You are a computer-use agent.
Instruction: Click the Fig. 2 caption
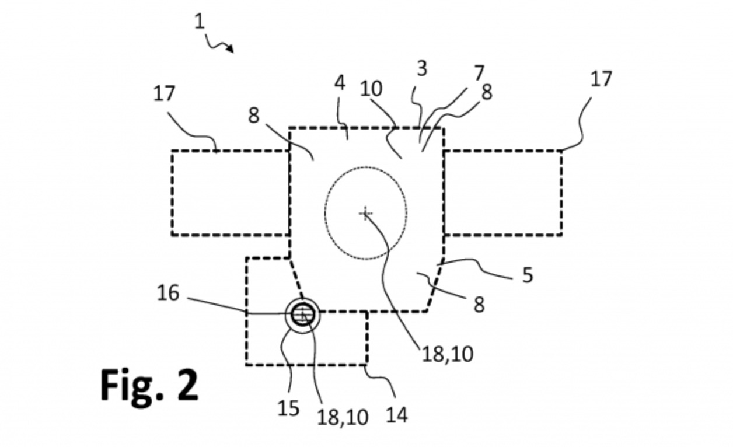pyautogui.click(x=149, y=385)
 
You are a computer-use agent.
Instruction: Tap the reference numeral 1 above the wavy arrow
pyautogui.click(x=200, y=22)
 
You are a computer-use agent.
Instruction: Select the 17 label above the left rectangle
pyautogui.click(x=164, y=93)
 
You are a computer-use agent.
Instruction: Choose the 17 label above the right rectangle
pyautogui.click(x=601, y=79)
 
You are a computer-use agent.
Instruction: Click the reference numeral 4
pyautogui.click(x=340, y=82)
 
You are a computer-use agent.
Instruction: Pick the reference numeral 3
pyautogui.click(x=421, y=68)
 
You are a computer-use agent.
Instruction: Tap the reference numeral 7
pyautogui.click(x=479, y=74)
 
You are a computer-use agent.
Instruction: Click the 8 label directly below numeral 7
pyautogui.click(x=486, y=92)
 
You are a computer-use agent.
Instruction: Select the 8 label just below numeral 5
pyautogui.click(x=479, y=304)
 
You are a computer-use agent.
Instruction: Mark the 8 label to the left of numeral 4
pyautogui.click(x=253, y=116)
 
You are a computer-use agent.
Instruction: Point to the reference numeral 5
pyautogui.click(x=527, y=275)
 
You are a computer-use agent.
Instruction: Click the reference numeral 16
pyautogui.click(x=168, y=293)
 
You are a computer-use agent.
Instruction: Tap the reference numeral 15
pyautogui.click(x=288, y=408)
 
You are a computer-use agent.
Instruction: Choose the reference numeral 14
pyautogui.click(x=396, y=415)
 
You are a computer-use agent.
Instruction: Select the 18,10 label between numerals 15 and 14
pyautogui.click(x=343, y=417)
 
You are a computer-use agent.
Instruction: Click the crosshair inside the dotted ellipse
pyautogui.click(x=366, y=214)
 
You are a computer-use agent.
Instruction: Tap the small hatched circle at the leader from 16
pyautogui.click(x=302, y=315)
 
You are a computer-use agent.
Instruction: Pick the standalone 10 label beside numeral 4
pyautogui.click(x=371, y=89)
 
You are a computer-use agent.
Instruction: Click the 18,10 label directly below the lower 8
pyautogui.click(x=447, y=354)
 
